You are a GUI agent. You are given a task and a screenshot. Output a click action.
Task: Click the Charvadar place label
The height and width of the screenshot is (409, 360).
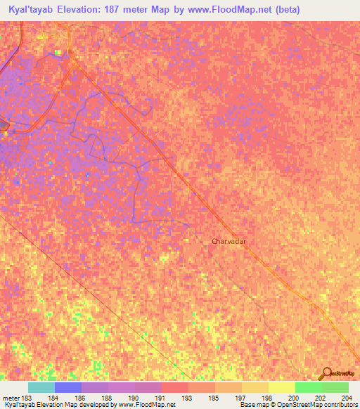[232, 241]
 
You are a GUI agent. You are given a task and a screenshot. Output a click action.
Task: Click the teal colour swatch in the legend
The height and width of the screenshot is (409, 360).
[41, 387]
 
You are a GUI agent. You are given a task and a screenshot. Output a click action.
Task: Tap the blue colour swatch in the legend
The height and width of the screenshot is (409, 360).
[67, 387]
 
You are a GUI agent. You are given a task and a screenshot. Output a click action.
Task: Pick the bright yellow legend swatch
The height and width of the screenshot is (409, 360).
[282, 387]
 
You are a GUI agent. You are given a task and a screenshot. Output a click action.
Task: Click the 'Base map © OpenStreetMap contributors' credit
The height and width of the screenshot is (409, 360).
[298, 405]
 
